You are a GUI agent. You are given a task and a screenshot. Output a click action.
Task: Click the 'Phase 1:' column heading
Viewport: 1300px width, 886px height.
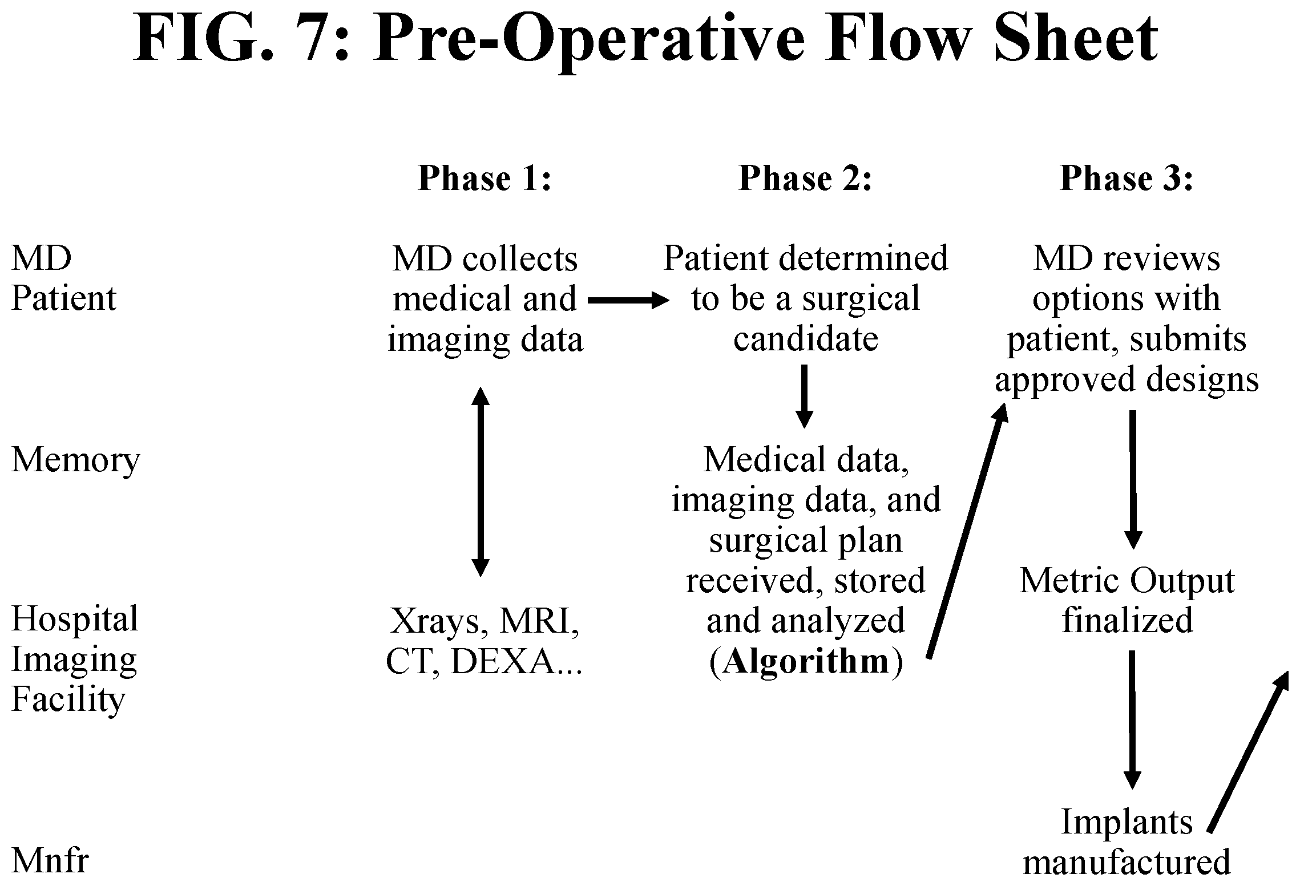pyautogui.click(x=485, y=178)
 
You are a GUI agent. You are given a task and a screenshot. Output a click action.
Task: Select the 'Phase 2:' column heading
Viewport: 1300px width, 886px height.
pyautogui.click(x=806, y=178)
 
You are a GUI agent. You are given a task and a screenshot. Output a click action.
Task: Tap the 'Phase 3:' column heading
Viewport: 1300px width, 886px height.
pyautogui.click(x=1127, y=178)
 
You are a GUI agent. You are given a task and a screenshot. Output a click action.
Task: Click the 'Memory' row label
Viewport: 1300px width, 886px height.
pyautogui.click(x=75, y=460)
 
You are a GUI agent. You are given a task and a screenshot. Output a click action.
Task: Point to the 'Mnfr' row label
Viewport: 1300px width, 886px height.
pyautogui.click(x=50, y=861)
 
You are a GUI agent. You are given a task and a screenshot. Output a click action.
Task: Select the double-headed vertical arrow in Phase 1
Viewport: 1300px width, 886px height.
pyautogui.click(x=480, y=482)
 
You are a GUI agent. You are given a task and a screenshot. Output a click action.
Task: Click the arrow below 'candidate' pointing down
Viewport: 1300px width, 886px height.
pyautogui.click(x=805, y=396)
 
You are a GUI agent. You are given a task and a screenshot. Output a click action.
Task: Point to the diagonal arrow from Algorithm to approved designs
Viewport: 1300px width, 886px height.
pyautogui.click(x=967, y=529)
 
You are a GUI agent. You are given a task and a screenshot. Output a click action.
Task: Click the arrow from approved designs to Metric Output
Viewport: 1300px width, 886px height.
pyautogui.click(x=1132, y=479)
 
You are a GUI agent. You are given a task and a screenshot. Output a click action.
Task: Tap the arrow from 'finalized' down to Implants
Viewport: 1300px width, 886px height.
pyautogui.click(x=1132, y=719)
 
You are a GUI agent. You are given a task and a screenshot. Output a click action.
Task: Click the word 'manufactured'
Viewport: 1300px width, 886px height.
pyautogui.click(x=1127, y=861)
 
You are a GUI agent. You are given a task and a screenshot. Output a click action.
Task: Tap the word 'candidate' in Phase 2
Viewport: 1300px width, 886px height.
pyautogui.click(x=806, y=339)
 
